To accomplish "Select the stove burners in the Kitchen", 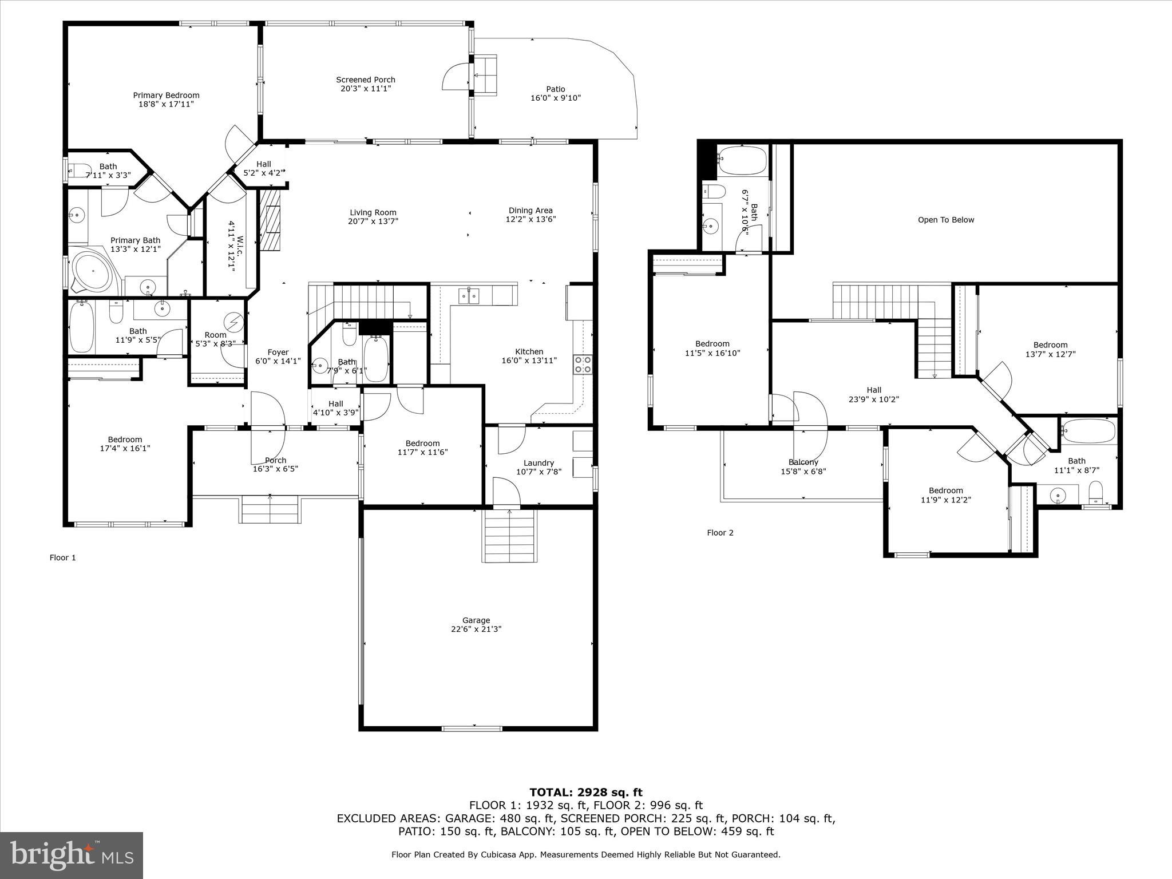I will coord(583,365).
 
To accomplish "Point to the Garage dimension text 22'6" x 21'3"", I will coord(476,629).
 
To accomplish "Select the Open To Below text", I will coord(945,220).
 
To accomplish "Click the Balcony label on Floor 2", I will coord(803,462).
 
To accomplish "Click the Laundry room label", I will coord(539,463).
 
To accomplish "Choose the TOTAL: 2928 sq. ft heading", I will coord(585,793).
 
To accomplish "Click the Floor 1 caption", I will coord(63,557).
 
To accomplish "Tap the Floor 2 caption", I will coord(720,533).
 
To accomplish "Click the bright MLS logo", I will coord(72,855).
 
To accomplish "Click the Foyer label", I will coord(278,353).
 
